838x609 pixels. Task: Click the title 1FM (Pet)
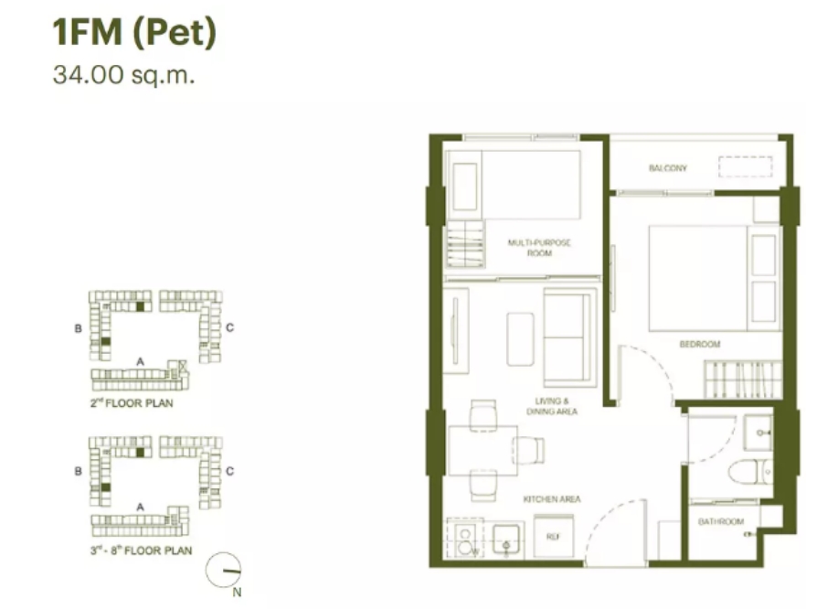[134, 33]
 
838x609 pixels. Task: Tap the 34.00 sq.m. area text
[123, 74]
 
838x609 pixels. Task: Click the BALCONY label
[667, 168]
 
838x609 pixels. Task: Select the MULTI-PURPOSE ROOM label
[539, 248]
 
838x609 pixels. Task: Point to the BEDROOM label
[700, 344]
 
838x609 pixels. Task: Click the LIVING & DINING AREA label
[552, 406]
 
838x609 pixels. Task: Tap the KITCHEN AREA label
[552, 499]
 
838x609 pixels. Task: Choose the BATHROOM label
[721, 521]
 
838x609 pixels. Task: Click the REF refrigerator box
[553, 536]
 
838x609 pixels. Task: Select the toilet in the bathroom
[750, 472]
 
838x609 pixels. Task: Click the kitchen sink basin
[506, 540]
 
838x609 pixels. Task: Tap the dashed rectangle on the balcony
[745, 166]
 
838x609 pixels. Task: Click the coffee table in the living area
[520, 339]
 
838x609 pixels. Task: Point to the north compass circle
[223, 570]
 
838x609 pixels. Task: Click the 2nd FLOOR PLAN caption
[132, 402]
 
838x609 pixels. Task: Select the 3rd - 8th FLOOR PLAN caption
[141, 550]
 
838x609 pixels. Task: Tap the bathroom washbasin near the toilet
[758, 432]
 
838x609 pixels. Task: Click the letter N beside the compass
[237, 593]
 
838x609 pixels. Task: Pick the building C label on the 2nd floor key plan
[229, 327]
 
